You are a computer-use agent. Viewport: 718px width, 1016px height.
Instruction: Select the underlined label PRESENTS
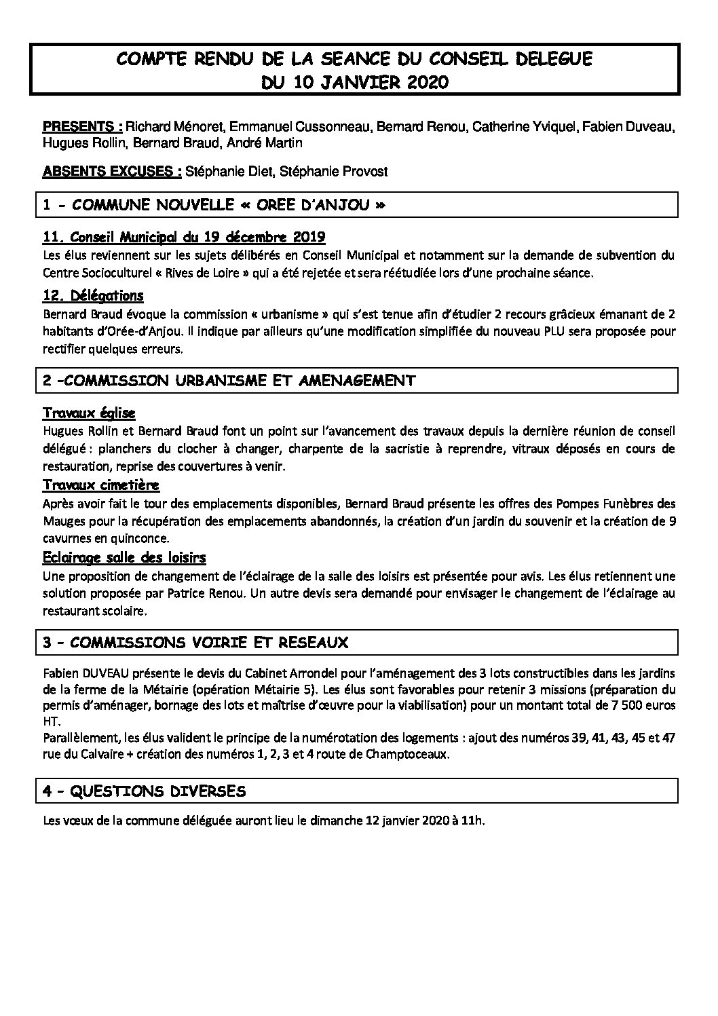click(x=82, y=127)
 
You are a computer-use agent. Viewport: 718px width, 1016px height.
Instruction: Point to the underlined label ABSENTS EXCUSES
click(x=111, y=172)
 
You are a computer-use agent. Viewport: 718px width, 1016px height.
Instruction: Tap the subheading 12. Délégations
click(x=93, y=296)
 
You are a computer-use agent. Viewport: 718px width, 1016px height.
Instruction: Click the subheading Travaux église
click(x=89, y=413)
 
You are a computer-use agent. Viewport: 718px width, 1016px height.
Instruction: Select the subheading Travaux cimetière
click(x=101, y=485)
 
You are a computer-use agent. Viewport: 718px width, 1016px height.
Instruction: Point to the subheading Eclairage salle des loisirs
click(x=124, y=557)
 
